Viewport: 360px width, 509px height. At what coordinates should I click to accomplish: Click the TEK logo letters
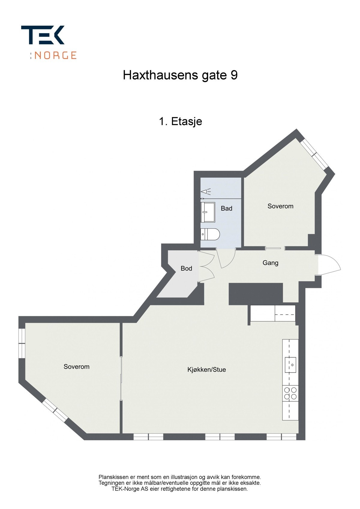[x=43, y=35]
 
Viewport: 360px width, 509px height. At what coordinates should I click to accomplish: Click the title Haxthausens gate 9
[x=180, y=75]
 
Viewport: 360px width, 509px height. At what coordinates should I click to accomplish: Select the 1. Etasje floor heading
[x=180, y=121]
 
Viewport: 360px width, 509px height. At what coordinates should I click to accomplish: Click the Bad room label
[x=226, y=208]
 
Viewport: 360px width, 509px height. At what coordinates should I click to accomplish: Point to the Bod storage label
[x=186, y=269]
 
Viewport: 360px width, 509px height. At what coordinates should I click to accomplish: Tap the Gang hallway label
[x=270, y=263]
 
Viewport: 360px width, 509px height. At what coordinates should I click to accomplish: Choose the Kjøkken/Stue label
[x=206, y=370]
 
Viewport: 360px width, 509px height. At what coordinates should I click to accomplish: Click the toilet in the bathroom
[x=210, y=234]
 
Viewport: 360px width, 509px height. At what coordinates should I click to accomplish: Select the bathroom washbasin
[x=208, y=212]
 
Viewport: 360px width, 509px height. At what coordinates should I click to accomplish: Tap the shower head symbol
[x=205, y=191]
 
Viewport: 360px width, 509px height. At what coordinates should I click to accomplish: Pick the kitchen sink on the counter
[x=290, y=365]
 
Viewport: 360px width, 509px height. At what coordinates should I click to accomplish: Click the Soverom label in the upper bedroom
[x=280, y=206]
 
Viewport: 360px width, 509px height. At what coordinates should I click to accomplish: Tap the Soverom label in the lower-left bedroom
[x=76, y=367]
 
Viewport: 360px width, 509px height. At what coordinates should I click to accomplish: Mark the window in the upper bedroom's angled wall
[x=314, y=154]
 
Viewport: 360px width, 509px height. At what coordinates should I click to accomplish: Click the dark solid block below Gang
[x=256, y=293]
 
